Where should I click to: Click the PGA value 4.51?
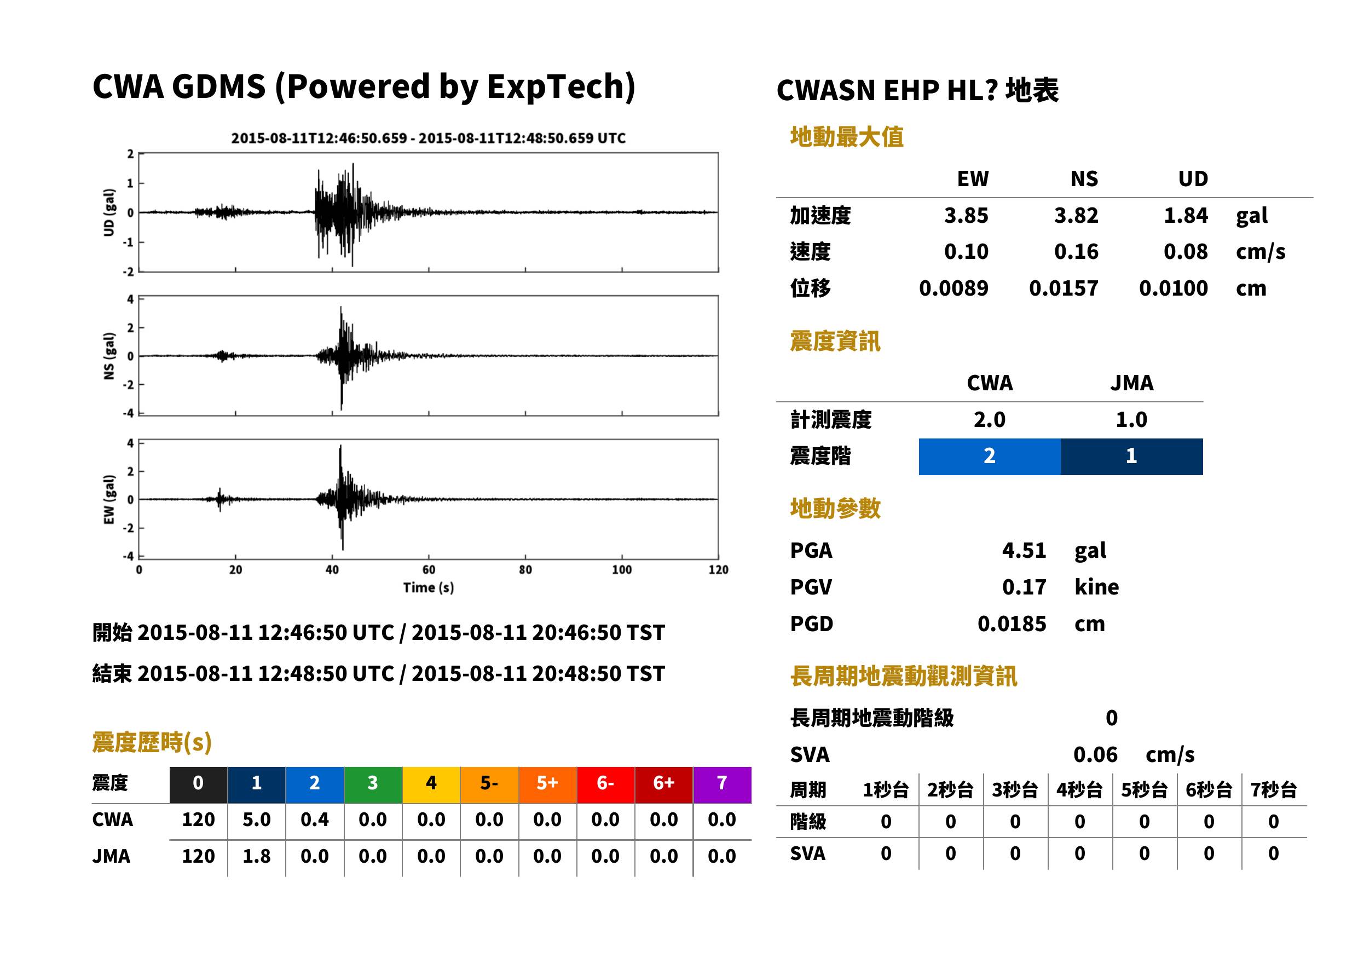click(x=1024, y=550)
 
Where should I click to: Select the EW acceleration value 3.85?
click(x=966, y=215)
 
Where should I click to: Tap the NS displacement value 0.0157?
click(x=1063, y=288)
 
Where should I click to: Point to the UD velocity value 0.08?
click(x=1186, y=251)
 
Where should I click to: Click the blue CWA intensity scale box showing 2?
click(x=990, y=457)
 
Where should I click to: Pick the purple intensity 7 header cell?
click(x=722, y=784)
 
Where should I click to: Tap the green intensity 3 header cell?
click(x=373, y=784)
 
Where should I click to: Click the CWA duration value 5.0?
click(x=256, y=819)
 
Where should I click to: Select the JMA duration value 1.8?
click(x=256, y=856)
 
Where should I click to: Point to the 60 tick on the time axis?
click(x=429, y=570)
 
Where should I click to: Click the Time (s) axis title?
click(x=428, y=588)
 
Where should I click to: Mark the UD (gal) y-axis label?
click(x=109, y=212)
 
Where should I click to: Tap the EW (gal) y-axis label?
click(x=109, y=500)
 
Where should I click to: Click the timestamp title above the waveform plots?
click(x=428, y=138)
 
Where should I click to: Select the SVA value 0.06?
click(x=1095, y=754)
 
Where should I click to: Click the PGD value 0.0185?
click(x=1012, y=623)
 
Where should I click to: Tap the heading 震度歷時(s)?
click(x=152, y=742)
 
